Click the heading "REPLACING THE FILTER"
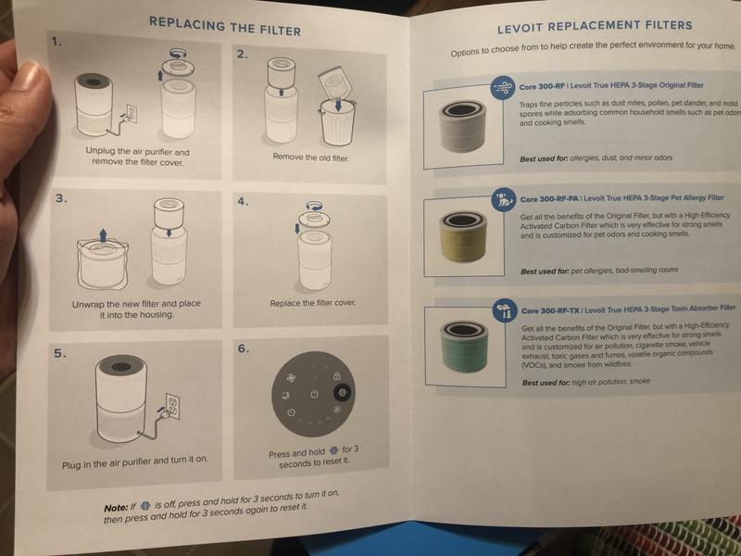click(x=225, y=27)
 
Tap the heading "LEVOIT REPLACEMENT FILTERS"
click(x=595, y=27)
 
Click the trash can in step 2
click(x=337, y=122)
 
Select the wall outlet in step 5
click(x=172, y=406)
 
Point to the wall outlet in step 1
click(x=132, y=113)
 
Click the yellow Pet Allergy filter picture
click(x=462, y=236)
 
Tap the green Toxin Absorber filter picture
click(x=464, y=347)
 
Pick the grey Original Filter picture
click(x=463, y=125)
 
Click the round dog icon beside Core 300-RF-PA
click(x=504, y=200)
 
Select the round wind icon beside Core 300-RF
click(x=503, y=87)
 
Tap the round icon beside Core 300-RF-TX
click(x=505, y=310)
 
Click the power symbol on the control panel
click(x=314, y=394)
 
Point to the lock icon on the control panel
click(x=336, y=376)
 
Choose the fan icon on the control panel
click(x=291, y=378)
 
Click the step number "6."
click(x=243, y=349)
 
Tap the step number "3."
click(x=61, y=198)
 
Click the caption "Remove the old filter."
click(x=310, y=157)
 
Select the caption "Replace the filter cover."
click(x=312, y=303)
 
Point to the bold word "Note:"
click(x=116, y=508)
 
